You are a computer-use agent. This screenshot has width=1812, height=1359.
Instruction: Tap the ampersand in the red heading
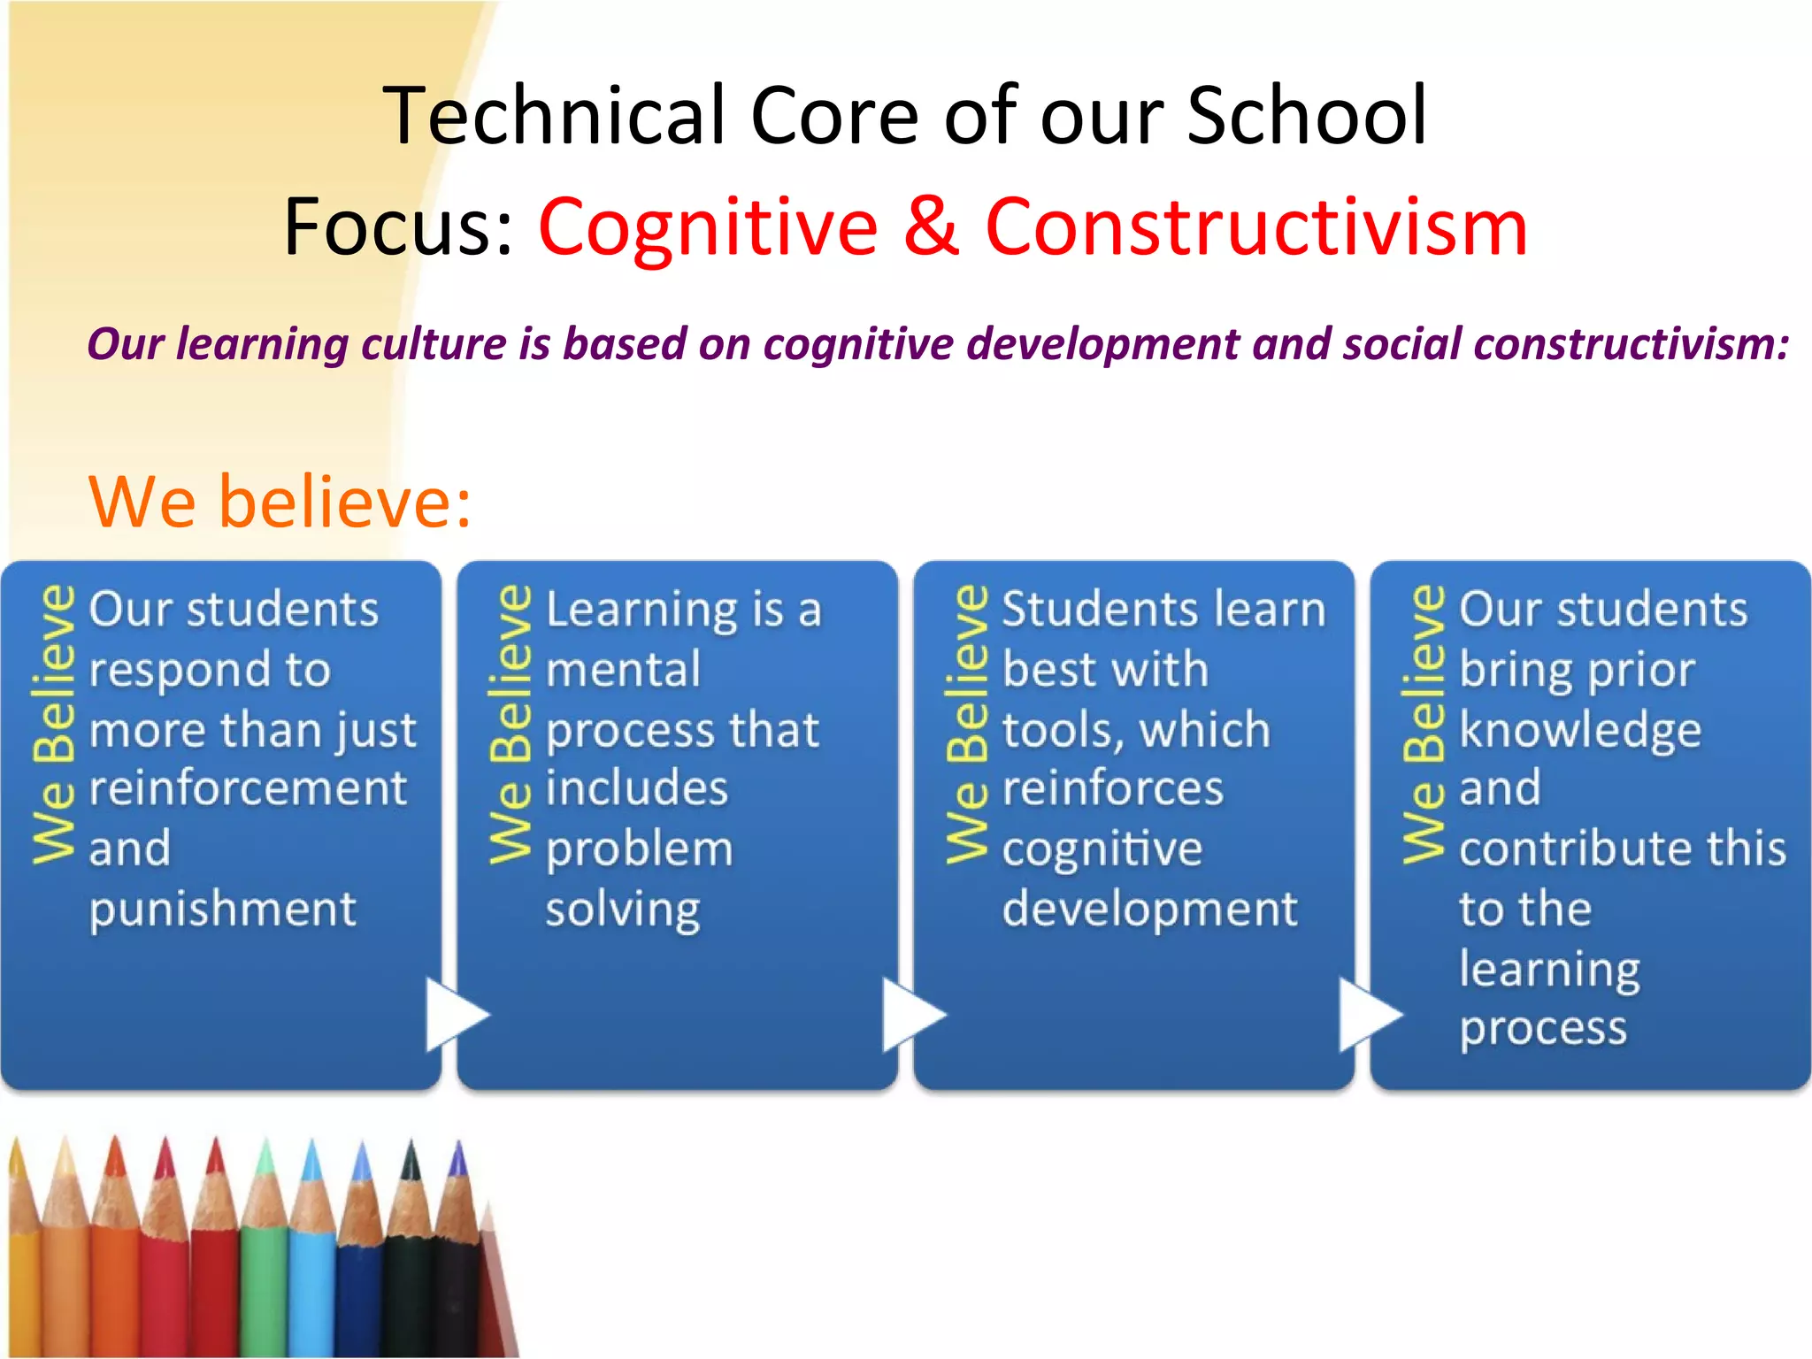click(931, 226)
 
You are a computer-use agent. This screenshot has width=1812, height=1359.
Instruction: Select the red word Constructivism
click(1256, 226)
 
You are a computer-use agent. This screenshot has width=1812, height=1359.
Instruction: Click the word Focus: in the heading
click(399, 226)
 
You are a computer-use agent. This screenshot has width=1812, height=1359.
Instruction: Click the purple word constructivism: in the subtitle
click(1632, 343)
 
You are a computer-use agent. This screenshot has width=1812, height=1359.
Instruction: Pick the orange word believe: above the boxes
click(345, 502)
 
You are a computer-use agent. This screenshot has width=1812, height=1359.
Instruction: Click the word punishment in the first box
click(223, 910)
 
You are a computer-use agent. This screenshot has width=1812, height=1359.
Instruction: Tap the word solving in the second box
click(623, 910)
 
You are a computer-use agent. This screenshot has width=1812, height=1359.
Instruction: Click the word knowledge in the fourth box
click(1580, 730)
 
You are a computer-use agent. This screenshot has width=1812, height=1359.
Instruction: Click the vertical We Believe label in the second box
click(511, 724)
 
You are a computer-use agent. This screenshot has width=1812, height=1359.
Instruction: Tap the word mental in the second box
click(623, 670)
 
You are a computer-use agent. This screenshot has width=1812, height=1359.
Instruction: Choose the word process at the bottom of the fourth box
click(1543, 1029)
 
